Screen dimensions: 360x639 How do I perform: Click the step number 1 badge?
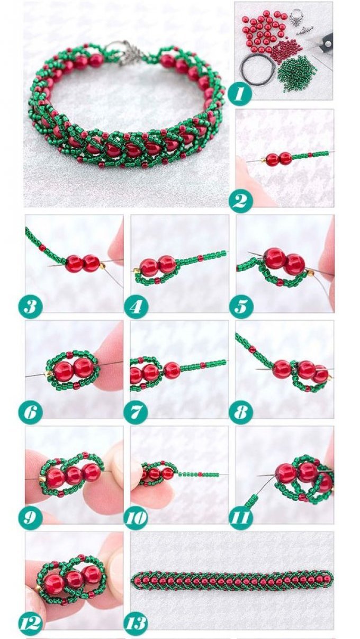[x=240, y=93]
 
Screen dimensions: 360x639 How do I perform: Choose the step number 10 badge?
[x=136, y=517]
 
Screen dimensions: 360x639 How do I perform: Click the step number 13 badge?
[x=136, y=622]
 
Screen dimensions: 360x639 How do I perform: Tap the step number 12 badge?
[x=31, y=622]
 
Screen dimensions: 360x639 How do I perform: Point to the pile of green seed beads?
[x=297, y=73]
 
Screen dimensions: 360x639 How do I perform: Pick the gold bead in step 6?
[x=47, y=373]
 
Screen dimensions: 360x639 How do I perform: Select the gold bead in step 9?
[x=41, y=477]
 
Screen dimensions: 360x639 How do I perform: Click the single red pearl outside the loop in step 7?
[x=170, y=369]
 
